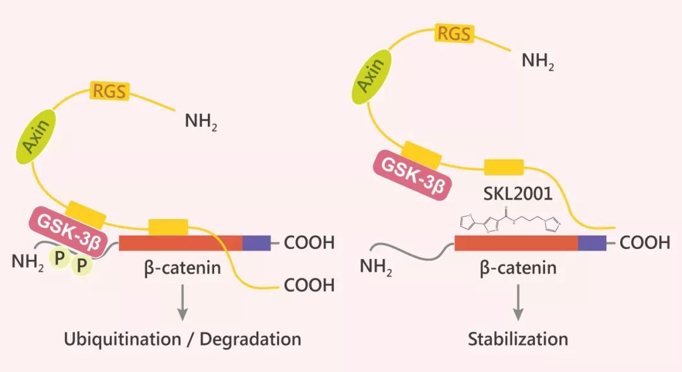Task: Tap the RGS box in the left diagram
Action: pos(110,91)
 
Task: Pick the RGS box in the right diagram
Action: pos(455,33)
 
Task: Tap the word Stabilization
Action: pos(518,339)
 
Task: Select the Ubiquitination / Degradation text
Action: pos(182,339)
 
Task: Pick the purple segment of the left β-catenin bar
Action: pos(257,243)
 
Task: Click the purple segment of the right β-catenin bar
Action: pos(592,243)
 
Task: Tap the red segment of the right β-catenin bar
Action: pos(516,243)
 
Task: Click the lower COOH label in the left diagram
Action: pos(309,285)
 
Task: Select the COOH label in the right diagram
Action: pos(645,243)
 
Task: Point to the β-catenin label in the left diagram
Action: pos(182,268)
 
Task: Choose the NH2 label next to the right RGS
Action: pos(537,62)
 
